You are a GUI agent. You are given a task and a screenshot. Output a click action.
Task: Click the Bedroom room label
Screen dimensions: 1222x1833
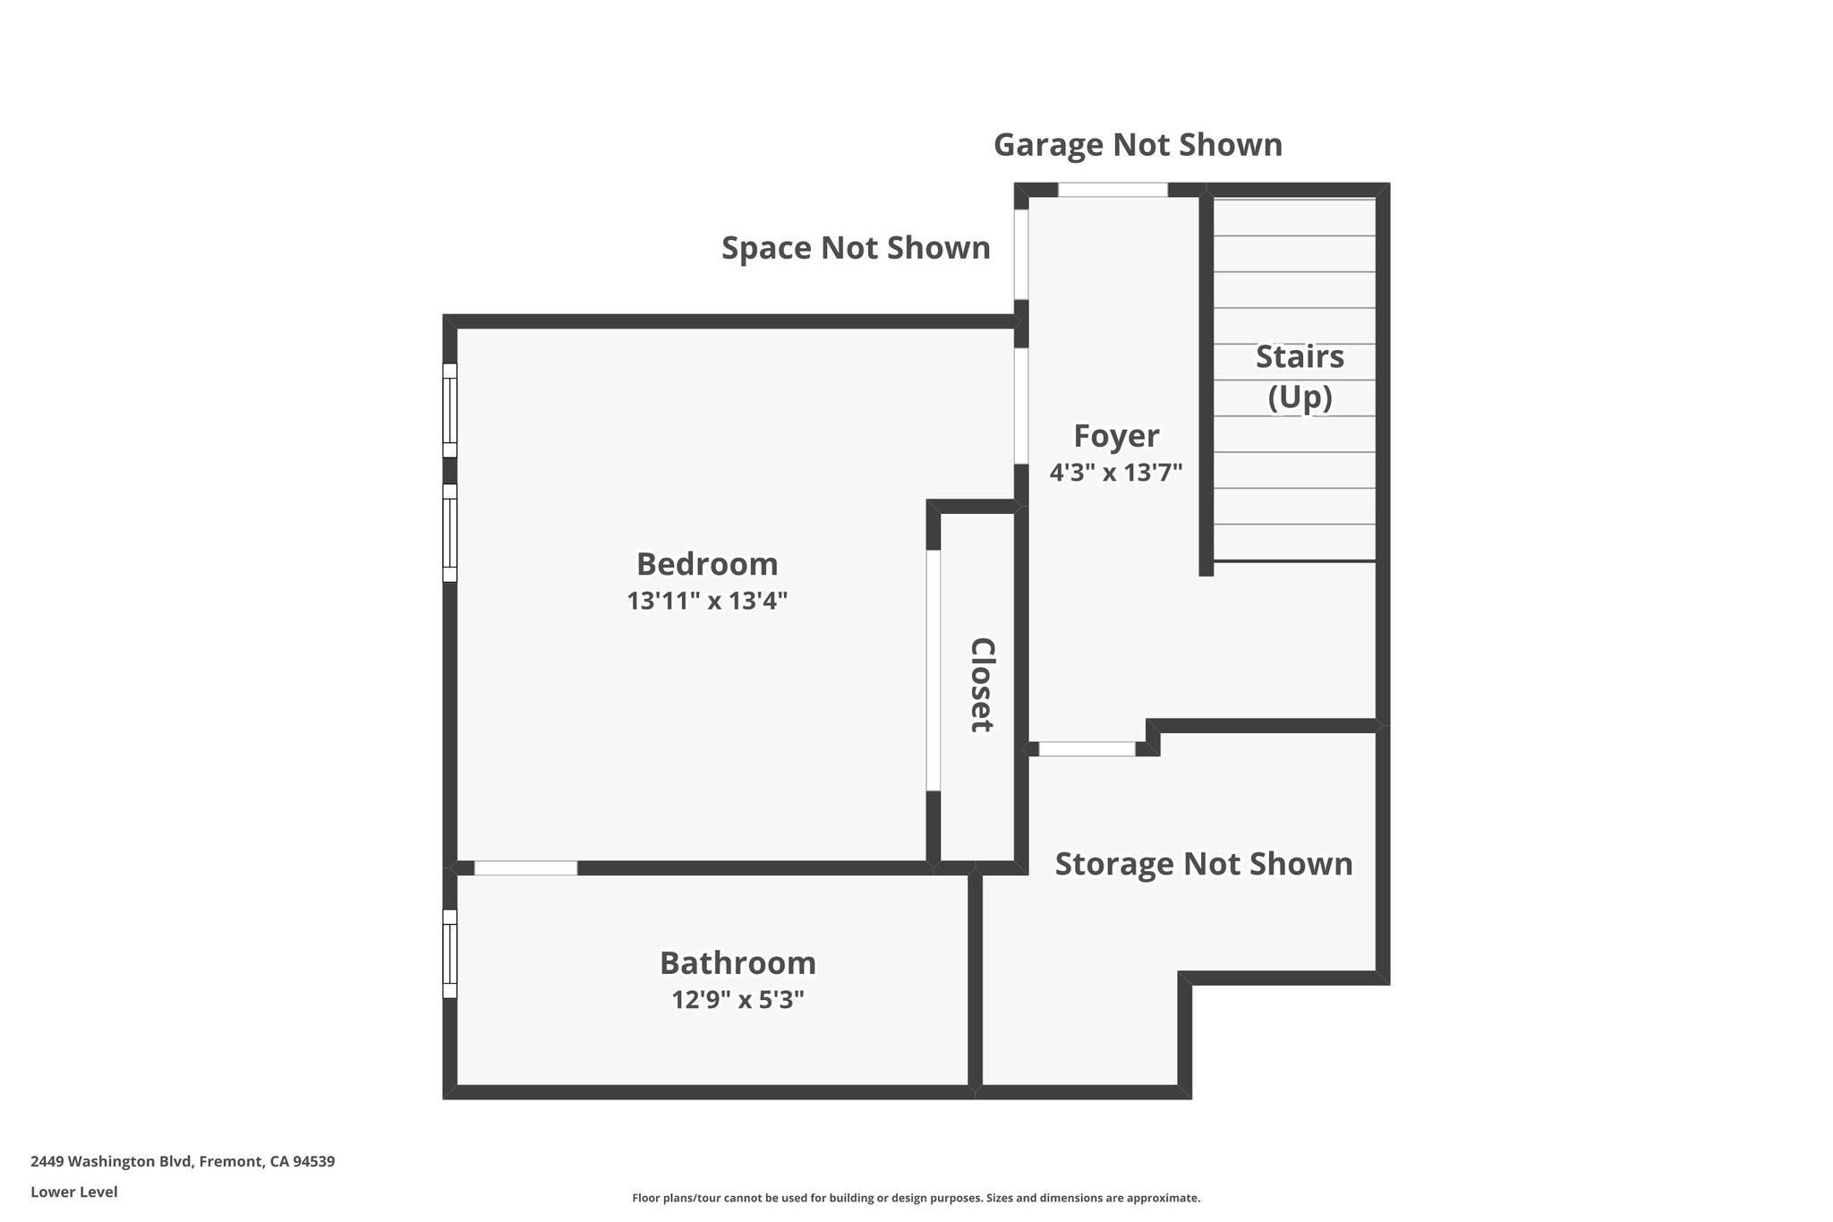707,564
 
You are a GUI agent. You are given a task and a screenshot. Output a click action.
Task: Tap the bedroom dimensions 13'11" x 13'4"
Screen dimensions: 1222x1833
707,601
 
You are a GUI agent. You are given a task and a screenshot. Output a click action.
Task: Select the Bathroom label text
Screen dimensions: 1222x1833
737,963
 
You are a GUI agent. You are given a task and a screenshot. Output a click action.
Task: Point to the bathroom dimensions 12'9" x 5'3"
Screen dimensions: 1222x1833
737,999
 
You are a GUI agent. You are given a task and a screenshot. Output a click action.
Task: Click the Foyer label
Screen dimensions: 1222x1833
1116,436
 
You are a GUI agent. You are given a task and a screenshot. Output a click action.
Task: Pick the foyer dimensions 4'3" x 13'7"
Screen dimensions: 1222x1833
1116,472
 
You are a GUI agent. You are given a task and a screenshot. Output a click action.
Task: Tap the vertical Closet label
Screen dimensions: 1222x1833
983,685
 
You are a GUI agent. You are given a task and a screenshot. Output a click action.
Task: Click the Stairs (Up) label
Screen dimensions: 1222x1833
1300,376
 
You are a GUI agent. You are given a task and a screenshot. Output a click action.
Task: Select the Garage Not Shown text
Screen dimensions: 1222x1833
1138,145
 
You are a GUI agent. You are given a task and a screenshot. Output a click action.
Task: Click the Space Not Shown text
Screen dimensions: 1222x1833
856,248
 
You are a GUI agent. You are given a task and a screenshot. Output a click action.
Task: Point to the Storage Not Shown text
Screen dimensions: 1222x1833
1204,864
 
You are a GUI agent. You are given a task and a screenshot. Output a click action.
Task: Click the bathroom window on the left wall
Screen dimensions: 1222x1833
450,953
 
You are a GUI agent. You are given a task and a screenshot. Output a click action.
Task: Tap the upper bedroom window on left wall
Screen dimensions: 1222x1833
450,410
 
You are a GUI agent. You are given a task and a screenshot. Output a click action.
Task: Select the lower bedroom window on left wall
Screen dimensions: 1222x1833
450,533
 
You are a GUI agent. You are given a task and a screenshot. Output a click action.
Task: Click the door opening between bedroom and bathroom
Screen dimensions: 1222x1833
525,867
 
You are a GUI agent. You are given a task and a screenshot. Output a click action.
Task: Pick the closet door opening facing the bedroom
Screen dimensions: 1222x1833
934,670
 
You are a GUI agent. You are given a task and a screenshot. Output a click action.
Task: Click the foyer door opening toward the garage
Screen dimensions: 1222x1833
1113,190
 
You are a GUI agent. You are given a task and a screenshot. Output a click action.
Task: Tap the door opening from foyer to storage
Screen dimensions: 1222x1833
1087,749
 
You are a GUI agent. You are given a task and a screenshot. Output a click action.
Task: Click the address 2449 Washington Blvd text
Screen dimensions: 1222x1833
183,1161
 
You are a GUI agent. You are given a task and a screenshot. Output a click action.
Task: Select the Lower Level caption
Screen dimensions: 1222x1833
73,1192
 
